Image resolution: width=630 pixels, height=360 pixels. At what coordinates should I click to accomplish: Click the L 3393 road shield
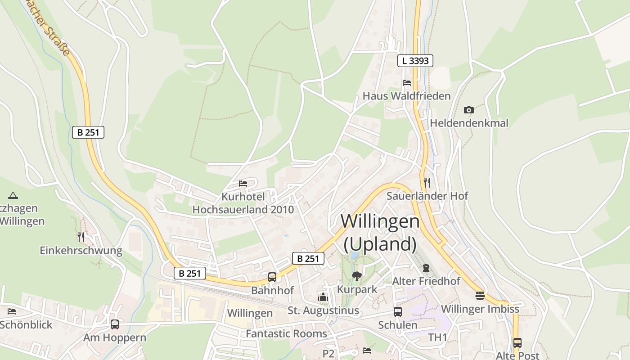[x=415, y=61]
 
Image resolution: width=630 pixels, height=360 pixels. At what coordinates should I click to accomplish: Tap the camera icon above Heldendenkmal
[x=468, y=110]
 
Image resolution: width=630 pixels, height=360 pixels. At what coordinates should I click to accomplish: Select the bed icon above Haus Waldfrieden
[x=406, y=83]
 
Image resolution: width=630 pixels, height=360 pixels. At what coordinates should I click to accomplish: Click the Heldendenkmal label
[x=469, y=123]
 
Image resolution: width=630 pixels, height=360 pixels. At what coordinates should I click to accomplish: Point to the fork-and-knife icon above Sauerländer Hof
[x=427, y=182]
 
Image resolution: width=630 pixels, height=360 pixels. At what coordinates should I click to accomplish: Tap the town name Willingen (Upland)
[x=380, y=232]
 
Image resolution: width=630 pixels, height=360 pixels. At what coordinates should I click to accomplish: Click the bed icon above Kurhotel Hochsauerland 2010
[x=243, y=184]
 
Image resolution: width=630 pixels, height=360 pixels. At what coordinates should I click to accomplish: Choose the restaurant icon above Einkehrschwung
[x=81, y=237]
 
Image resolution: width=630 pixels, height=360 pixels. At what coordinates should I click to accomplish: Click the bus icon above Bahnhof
[x=272, y=277]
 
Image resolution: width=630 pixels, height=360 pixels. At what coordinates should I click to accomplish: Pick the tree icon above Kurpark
[x=357, y=276]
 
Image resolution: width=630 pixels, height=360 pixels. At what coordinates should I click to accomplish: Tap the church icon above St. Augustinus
[x=323, y=297]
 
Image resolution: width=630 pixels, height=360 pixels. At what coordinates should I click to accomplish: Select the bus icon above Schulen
[x=398, y=311]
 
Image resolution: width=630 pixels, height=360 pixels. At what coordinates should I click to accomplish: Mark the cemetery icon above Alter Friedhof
[x=426, y=268]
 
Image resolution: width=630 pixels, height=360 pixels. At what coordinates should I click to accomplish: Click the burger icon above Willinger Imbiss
[x=480, y=296]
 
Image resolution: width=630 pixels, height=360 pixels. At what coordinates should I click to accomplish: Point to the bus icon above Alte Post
[x=517, y=342]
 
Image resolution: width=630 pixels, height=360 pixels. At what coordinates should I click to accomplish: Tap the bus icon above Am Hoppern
[x=115, y=324]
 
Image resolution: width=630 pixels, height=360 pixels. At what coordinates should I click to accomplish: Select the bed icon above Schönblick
[x=12, y=311]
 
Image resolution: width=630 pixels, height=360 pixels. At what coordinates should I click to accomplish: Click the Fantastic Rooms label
[x=286, y=333]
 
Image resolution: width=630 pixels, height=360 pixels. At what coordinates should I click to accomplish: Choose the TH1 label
[x=437, y=337]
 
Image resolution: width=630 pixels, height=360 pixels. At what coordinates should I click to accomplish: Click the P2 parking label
[x=328, y=353]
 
